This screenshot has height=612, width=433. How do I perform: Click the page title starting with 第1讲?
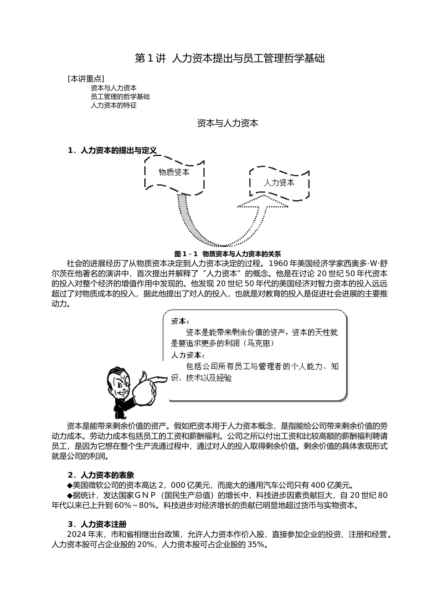pyautogui.click(x=230, y=58)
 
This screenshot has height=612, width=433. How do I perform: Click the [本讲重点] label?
pyautogui.click(x=85, y=78)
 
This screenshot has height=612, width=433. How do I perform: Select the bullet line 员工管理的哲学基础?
pyautogui.click(x=120, y=97)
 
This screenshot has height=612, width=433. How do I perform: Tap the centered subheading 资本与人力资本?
pyautogui.click(x=227, y=123)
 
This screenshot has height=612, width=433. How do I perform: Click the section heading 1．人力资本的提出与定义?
pyautogui.click(x=112, y=150)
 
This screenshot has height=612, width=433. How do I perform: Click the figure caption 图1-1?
pyautogui.click(x=227, y=254)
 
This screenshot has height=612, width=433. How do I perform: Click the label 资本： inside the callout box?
pyautogui.click(x=180, y=321)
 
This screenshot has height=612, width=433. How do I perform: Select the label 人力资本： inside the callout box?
pyautogui.click(x=188, y=355)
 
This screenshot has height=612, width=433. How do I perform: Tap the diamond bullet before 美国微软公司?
pyautogui.click(x=70, y=485)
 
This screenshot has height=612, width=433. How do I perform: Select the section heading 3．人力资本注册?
pyautogui.click(x=97, y=524)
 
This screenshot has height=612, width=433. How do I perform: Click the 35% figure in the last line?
pyautogui.click(x=256, y=545)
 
